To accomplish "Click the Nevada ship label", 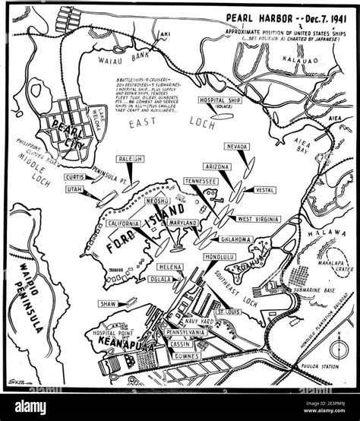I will click(238, 147).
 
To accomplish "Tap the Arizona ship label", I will click(220, 166).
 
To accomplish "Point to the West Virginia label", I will click(258, 219).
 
